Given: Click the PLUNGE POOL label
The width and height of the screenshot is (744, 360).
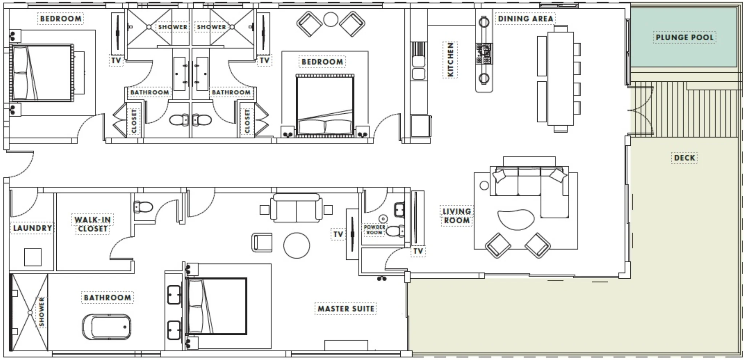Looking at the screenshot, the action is pos(684,37).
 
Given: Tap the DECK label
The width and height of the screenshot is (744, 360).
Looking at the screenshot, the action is pos(684,158).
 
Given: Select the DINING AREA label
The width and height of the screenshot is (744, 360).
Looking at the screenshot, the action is pos(525,19).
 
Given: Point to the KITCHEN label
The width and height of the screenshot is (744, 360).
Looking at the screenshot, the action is pos(450,60).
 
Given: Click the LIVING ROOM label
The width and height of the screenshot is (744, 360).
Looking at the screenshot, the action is pos(457,216).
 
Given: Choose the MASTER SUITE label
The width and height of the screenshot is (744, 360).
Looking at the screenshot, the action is pos(346,309).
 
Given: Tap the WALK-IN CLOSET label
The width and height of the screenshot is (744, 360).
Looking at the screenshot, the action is pos(93,224).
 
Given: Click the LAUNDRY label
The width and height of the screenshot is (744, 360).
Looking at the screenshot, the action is pos(32,228).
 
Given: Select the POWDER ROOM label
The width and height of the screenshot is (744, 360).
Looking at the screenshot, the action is pos(375,230).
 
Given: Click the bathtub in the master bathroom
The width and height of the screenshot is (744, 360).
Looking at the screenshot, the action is pos(106,327).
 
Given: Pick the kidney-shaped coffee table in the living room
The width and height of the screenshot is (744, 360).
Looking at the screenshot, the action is pos(516,219).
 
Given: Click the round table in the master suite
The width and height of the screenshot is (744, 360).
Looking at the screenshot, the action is pos(296,245).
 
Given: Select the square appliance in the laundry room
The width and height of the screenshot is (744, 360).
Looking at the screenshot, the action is pos(33,257).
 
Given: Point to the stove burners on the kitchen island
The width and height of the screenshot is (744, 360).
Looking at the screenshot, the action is pos(484,53).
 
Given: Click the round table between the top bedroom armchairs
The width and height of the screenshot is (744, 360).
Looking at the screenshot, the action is pos(331,19).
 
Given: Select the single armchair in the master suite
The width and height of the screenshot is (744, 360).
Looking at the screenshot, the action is pos(262,242).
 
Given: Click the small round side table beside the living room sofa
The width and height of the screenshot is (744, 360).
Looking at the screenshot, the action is pos(484,185).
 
